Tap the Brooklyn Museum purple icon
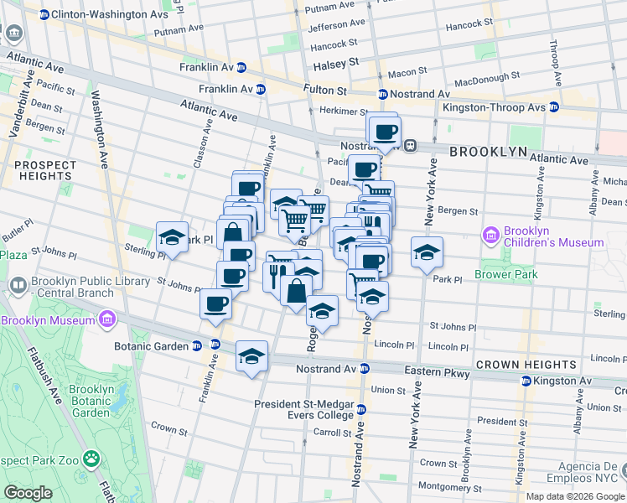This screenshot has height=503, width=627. pos(106,319)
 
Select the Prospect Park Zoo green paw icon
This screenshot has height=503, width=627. pos(91,459)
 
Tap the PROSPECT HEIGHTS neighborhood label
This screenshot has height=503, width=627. pos(43,170)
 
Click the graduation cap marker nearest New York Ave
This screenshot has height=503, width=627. pos(427,251)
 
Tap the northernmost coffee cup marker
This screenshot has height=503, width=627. pos(385,131)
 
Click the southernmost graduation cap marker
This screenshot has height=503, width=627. pos(251,355)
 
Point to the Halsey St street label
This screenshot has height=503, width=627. pos(335,63)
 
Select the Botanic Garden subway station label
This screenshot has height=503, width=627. pos(152,345)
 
